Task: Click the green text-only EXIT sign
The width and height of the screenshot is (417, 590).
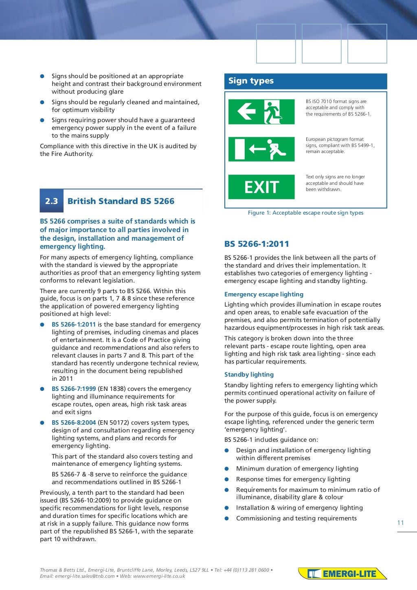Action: (x=261, y=187)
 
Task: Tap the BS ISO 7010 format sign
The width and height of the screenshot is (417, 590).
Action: (x=261, y=112)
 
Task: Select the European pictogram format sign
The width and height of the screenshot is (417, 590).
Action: (x=261, y=149)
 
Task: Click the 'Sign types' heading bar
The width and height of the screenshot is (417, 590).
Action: (x=305, y=81)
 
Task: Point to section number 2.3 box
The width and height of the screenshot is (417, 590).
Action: (x=52, y=201)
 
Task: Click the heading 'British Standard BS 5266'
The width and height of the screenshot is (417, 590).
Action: (x=121, y=201)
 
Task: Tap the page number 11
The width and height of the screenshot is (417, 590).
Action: (x=401, y=523)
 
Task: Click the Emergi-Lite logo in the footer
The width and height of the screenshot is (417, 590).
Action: (x=342, y=574)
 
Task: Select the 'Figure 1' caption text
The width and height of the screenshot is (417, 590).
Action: (x=305, y=213)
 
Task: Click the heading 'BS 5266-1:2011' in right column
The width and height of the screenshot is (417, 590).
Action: (x=257, y=244)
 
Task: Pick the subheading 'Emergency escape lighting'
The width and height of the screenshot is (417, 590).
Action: (x=264, y=294)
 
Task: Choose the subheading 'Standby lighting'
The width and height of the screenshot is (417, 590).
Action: (x=249, y=375)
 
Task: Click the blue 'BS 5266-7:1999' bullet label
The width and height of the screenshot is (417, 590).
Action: (x=74, y=389)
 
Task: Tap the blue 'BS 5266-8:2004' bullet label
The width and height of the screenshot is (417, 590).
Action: (x=74, y=423)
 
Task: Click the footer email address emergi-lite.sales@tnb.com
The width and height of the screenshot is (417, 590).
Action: (x=85, y=576)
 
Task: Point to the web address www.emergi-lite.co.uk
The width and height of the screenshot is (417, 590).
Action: (x=159, y=576)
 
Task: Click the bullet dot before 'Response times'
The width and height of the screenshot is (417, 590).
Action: (x=227, y=479)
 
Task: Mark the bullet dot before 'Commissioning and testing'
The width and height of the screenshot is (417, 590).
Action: (x=227, y=518)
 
